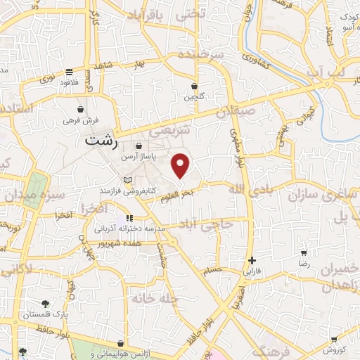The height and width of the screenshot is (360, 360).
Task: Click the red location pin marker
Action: point(181,165)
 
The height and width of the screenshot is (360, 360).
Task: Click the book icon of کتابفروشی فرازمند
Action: point(127,181)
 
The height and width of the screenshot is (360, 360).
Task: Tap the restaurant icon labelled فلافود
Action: point(69,72)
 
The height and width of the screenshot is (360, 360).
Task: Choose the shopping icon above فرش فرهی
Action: point(82,110)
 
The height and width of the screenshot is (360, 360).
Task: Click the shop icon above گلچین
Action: point(194,86)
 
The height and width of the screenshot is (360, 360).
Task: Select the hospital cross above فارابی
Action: point(252,260)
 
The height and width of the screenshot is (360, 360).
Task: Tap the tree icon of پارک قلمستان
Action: point(46,304)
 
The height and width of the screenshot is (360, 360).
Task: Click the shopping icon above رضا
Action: point(304,253)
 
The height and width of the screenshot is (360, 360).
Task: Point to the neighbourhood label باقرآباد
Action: point(160,15)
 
